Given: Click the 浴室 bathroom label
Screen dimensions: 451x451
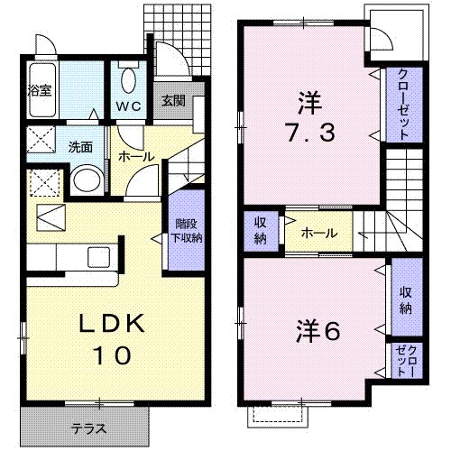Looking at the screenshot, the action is [40, 90].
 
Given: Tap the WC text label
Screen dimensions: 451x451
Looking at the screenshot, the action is [129, 106].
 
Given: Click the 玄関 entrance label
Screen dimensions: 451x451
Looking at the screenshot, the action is [173, 101].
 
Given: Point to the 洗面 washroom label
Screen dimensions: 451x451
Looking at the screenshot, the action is [80, 147].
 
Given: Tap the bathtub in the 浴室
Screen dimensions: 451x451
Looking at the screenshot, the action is [42, 90].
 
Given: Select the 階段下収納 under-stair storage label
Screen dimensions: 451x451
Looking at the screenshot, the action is [187, 231].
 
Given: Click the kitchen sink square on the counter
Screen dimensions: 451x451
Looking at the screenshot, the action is [98, 257].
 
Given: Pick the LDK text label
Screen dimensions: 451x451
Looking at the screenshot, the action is [112, 323].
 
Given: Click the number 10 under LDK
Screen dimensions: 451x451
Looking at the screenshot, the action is [112, 355].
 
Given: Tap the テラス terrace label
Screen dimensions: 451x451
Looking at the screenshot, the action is [89, 428].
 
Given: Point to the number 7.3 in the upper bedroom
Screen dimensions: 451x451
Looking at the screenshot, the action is [310, 133].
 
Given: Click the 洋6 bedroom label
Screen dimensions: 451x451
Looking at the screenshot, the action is [318, 331].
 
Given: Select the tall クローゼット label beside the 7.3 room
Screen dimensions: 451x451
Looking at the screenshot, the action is [404, 104].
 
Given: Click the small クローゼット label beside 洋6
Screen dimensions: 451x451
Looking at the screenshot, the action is [406, 361].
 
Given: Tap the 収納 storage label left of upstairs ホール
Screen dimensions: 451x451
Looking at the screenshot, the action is [261, 231].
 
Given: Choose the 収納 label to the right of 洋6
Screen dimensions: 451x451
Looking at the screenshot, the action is [406, 300].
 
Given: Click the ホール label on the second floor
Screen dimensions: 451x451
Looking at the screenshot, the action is [319, 233].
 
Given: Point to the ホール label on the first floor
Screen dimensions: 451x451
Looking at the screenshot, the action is [136, 156].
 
